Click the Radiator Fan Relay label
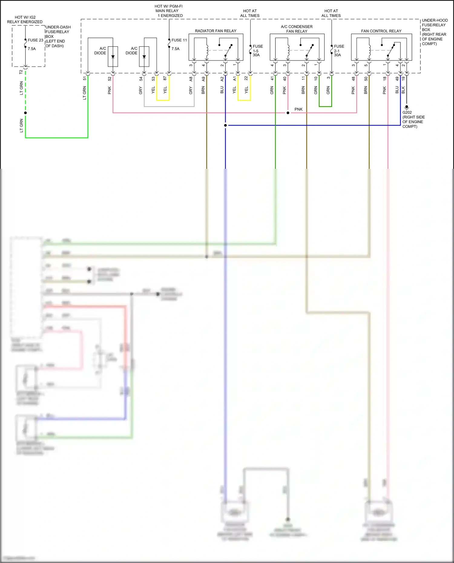click(215, 31)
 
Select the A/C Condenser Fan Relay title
click(297, 29)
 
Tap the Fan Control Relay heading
click(381, 31)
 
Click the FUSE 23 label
click(35, 40)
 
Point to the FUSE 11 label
click(179, 40)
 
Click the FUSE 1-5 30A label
click(258, 51)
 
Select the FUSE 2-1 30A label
click(339, 51)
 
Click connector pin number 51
click(85, 78)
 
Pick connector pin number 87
click(165, 78)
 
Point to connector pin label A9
click(203, 79)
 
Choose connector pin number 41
click(272, 78)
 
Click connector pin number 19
click(403, 78)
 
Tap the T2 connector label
click(21, 72)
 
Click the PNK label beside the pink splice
click(298, 109)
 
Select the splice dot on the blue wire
click(225, 125)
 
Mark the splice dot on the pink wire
click(288, 113)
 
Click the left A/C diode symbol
click(113, 57)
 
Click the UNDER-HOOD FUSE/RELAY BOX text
click(434, 32)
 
